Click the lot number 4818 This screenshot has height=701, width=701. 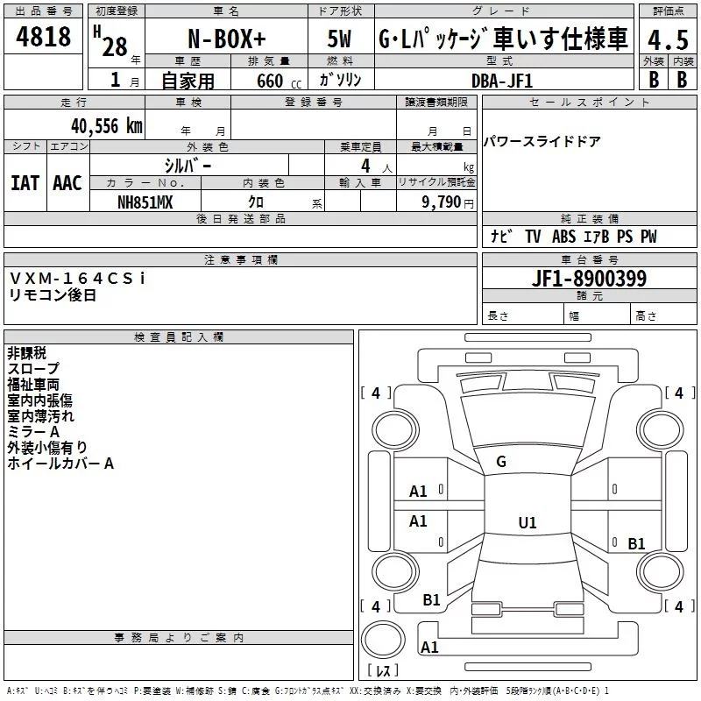(x=43, y=37)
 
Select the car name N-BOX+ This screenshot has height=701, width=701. (x=227, y=39)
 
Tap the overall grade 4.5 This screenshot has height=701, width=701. (x=668, y=39)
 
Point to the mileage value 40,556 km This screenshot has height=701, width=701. (x=107, y=126)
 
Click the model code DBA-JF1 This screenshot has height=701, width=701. (x=502, y=81)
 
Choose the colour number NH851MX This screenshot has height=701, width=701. (x=145, y=202)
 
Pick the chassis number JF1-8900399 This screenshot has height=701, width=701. (x=589, y=278)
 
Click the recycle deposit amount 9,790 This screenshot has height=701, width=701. (x=441, y=202)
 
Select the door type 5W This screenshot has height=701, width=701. (x=339, y=39)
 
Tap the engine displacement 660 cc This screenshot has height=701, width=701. (x=279, y=81)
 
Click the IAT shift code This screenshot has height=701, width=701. (x=25, y=183)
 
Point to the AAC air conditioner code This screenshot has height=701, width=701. (x=67, y=183)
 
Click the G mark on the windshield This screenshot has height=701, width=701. (x=501, y=462)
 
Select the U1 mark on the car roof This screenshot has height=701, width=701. (x=528, y=522)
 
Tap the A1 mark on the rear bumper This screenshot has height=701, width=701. (x=429, y=647)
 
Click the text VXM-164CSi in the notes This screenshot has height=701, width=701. (x=77, y=278)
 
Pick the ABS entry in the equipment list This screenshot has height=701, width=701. (x=563, y=237)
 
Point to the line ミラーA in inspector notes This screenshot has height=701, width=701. (x=33, y=432)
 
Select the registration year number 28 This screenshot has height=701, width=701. (x=115, y=46)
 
